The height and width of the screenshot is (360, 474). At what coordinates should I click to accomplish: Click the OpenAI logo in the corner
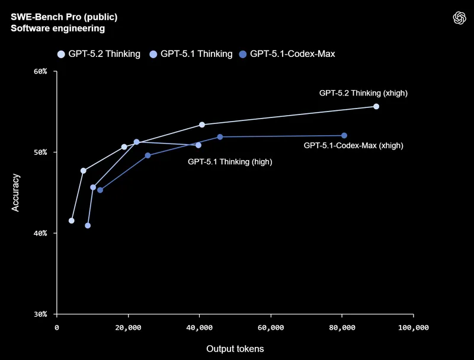click(460, 18)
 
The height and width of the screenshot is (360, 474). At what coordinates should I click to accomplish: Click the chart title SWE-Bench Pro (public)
click(64, 17)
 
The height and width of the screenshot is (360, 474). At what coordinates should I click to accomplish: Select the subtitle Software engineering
click(57, 28)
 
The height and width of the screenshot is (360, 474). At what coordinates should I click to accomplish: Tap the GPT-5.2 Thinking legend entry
click(99, 54)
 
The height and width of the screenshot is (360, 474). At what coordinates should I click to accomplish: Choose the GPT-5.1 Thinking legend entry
click(191, 54)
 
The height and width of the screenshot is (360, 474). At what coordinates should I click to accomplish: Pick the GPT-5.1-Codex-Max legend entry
click(287, 54)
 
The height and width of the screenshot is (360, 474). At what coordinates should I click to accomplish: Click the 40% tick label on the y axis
click(40, 233)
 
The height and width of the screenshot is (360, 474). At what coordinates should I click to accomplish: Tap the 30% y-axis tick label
click(40, 314)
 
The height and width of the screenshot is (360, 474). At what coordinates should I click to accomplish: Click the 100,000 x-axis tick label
click(413, 327)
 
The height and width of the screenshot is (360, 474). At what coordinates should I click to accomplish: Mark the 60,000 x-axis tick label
click(271, 327)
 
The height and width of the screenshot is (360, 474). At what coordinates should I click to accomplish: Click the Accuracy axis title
click(15, 193)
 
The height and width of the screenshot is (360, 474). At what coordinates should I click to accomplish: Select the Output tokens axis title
click(235, 349)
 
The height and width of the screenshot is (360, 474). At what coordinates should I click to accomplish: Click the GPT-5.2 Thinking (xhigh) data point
click(376, 107)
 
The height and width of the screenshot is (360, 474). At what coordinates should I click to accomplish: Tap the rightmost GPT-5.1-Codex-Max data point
click(344, 136)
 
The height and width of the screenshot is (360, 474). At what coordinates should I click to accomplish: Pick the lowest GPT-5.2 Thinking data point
click(71, 221)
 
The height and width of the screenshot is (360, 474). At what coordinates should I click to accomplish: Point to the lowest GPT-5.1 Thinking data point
click(88, 226)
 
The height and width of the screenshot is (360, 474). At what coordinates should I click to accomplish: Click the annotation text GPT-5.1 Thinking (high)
click(230, 162)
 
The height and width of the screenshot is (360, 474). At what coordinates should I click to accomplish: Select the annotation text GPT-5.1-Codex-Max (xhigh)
click(353, 145)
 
